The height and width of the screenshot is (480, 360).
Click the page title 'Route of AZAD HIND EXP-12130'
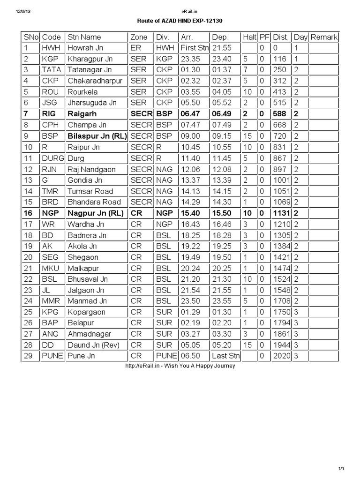click(x=180, y=22)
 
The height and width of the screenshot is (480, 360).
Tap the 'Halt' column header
click(x=249, y=37)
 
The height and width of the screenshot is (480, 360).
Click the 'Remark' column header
click(x=324, y=37)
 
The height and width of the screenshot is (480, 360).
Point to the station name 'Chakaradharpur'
click(x=95, y=81)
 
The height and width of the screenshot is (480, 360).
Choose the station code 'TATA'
click(x=52, y=70)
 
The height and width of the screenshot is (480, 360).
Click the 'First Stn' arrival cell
click(x=194, y=48)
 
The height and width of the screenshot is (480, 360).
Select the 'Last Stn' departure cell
click(x=225, y=356)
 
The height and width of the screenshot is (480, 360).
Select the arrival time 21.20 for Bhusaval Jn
click(x=188, y=279)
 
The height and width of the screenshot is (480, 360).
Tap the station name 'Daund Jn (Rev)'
click(x=94, y=345)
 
